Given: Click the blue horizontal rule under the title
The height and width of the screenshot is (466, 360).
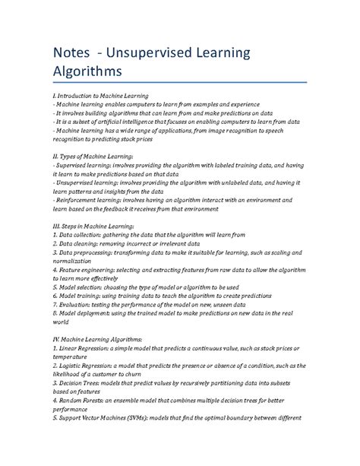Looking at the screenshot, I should click(179, 82).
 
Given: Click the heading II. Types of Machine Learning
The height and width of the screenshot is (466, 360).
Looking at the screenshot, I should click(99, 155).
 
